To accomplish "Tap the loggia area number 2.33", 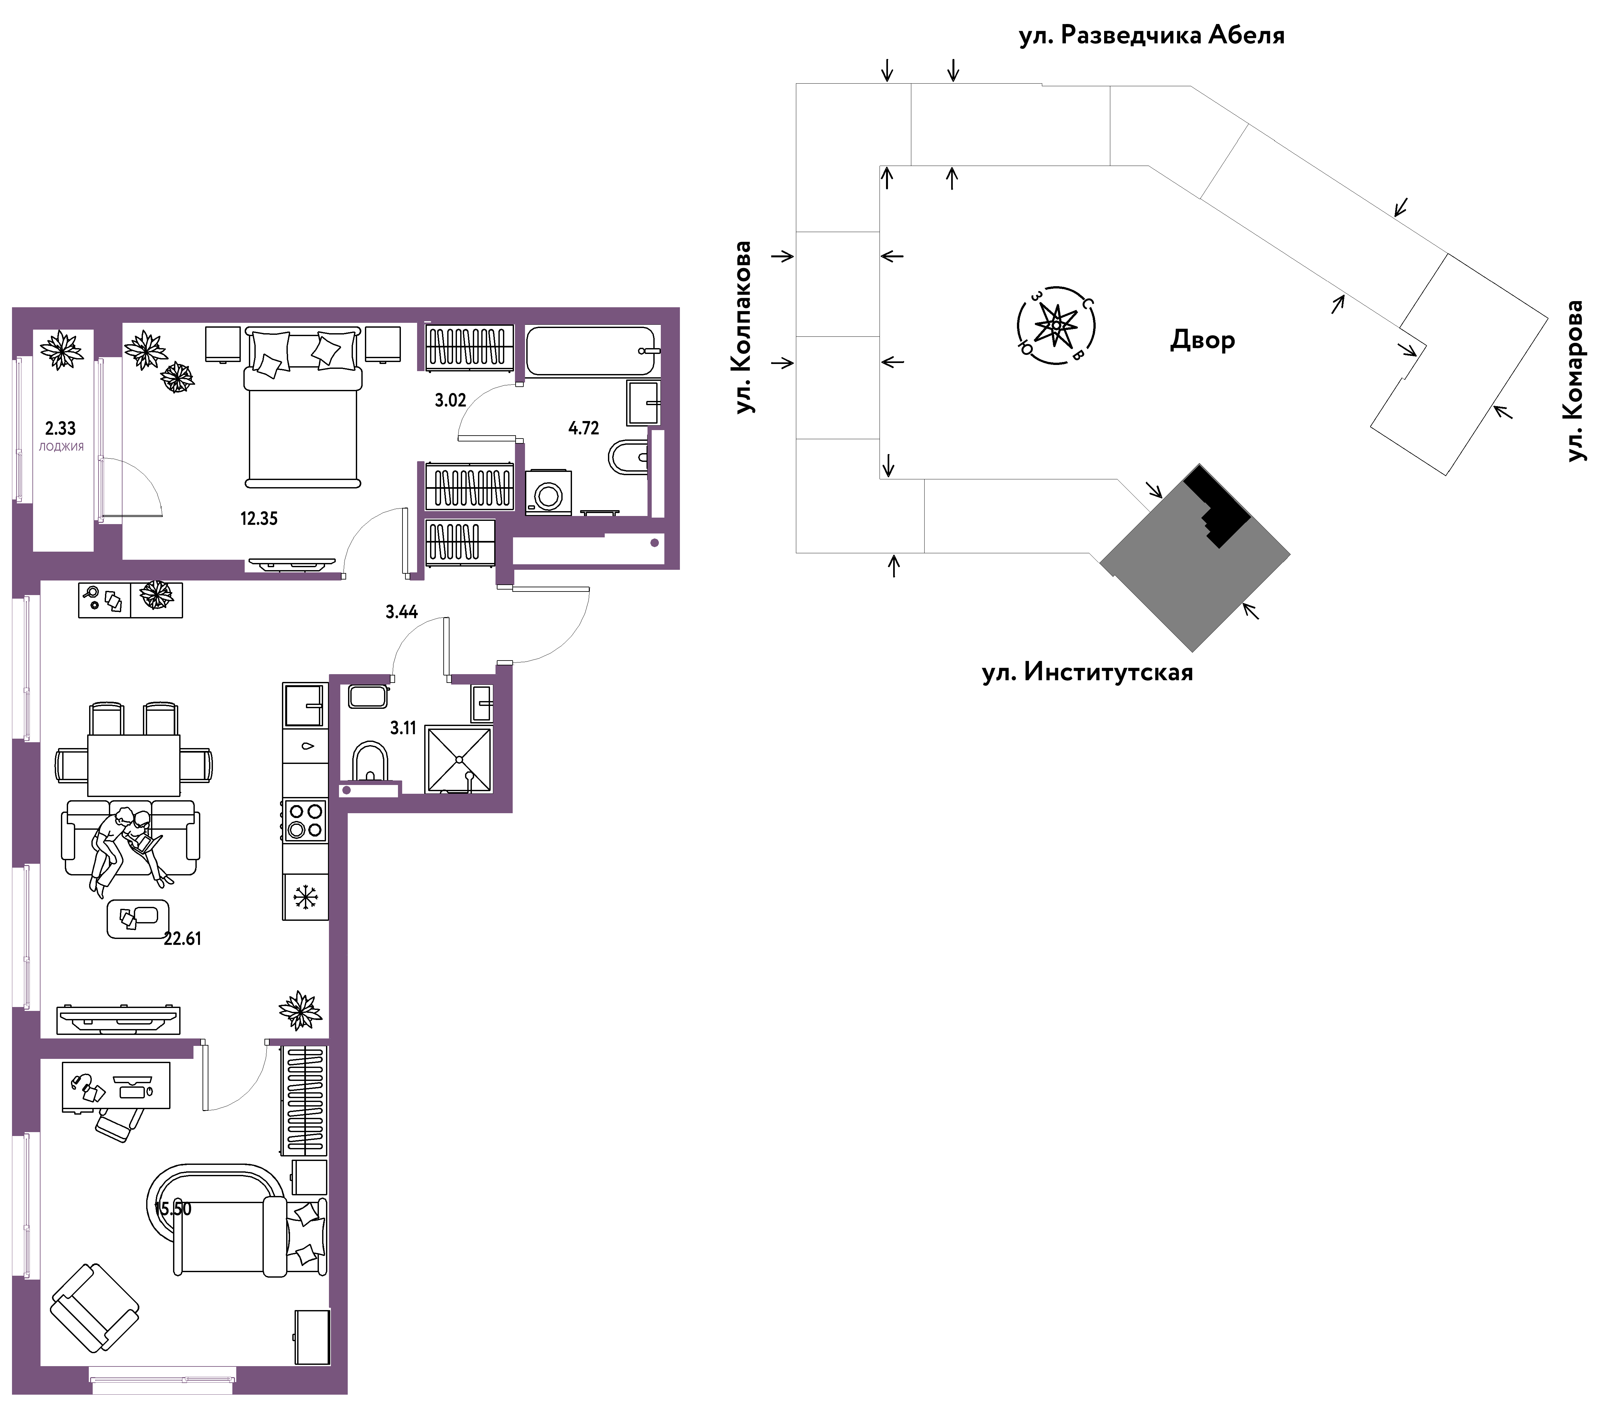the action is tap(60, 428).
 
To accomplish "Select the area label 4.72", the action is tap(584, 428).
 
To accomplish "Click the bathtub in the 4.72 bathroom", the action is tap(591, 351).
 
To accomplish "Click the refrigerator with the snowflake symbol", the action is tap(305, 896).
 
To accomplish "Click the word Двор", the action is tap(1203, 340).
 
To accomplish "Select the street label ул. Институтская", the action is tap(1088, 673).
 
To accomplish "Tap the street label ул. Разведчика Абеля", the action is tap(1152, 35).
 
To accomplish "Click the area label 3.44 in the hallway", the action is tap(402, 612).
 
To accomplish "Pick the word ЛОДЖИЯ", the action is tap(61, 446).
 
